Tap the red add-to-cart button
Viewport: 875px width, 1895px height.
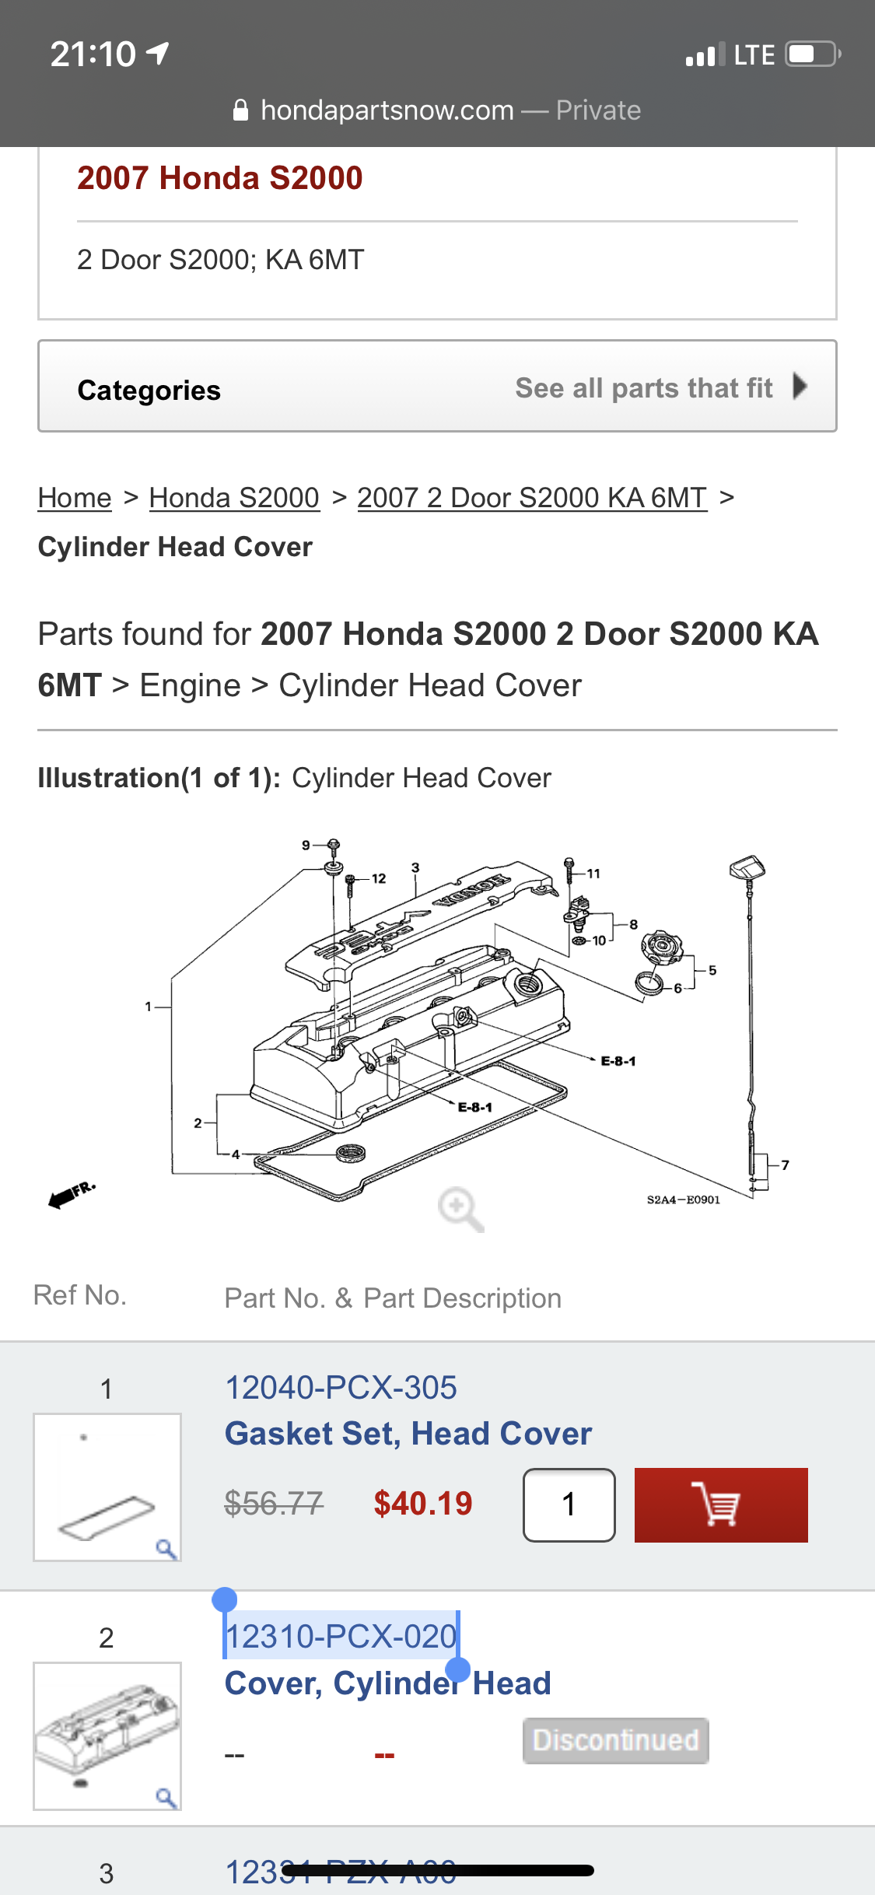click(720, 1504)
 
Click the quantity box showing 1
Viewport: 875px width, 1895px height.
click(569, 1504)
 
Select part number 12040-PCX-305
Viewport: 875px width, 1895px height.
click(341, 1388)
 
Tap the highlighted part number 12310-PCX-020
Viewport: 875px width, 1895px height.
click(341, 1636)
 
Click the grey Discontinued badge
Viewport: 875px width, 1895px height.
click(615, 1740)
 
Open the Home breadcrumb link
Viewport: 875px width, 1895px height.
click(75, 498)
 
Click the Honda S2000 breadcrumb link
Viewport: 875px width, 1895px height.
click(234, 498)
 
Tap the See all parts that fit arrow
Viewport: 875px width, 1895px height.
click(800, 386)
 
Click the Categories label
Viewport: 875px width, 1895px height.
click(149, 390)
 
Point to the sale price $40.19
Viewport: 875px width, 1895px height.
click(422, 1504)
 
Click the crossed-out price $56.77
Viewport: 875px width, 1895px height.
click(274, 1504)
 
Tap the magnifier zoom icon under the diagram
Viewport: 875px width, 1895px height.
click(460, 1209)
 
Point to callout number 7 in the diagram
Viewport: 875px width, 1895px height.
click(786, 1165)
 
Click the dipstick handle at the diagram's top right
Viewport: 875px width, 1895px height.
click(747, 867)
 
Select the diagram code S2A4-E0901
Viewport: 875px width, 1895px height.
click(683, 1200)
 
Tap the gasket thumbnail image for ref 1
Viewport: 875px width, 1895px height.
click(107, 1487)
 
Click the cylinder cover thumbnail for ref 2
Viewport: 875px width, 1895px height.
click(107, 1736)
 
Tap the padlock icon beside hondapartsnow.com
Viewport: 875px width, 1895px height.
click(240, 110)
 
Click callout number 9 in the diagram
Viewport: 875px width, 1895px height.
click(306, 845)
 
